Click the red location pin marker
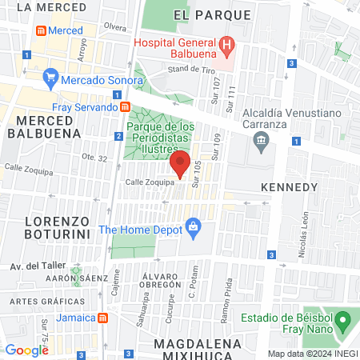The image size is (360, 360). [x=180, y=163]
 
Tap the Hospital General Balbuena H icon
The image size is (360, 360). [x=227, y=44]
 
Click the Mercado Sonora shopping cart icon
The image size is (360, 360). [x=52, y=78]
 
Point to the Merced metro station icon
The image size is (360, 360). [x=39, y=30]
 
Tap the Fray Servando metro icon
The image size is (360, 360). [x=125, y=107]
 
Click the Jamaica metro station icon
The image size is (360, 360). [x=102, y=318]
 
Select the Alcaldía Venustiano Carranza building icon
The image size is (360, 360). [x=260, y=142]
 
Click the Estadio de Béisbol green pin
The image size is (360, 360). [x=343, y=324]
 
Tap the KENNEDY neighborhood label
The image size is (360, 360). [x=290, y=186]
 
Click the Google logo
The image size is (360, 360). [x=26, y=350]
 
